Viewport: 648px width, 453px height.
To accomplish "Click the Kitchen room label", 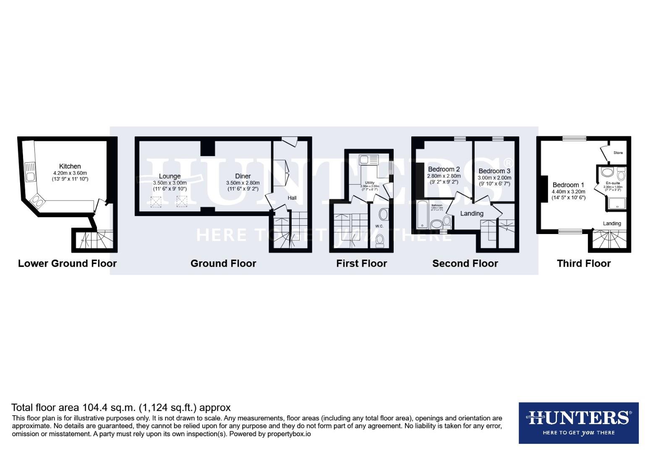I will (70, 166).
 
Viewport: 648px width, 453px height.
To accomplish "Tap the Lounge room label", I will (170, 176).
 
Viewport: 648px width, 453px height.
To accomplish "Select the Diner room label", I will (243, 176).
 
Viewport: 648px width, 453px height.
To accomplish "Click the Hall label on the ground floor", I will (292, 198).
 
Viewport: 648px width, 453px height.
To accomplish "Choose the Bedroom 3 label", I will (494, 171).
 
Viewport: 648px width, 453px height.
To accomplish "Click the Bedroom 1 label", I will (568, 185).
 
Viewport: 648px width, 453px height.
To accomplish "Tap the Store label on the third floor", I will (618, 153).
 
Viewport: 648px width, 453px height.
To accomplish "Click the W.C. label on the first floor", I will (379, 226).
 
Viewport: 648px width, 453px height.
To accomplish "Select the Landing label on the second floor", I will (472, 213).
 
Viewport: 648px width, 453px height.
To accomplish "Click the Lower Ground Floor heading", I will (67, 263).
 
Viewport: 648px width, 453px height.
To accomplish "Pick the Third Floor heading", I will (583, 263).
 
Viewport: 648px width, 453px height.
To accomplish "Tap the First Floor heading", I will (361, 263).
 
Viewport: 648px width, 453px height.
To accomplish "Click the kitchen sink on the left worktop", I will (30, 172).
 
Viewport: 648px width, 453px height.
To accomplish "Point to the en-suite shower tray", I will (616, 204).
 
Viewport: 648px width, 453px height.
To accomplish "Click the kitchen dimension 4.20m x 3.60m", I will (70, 173).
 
